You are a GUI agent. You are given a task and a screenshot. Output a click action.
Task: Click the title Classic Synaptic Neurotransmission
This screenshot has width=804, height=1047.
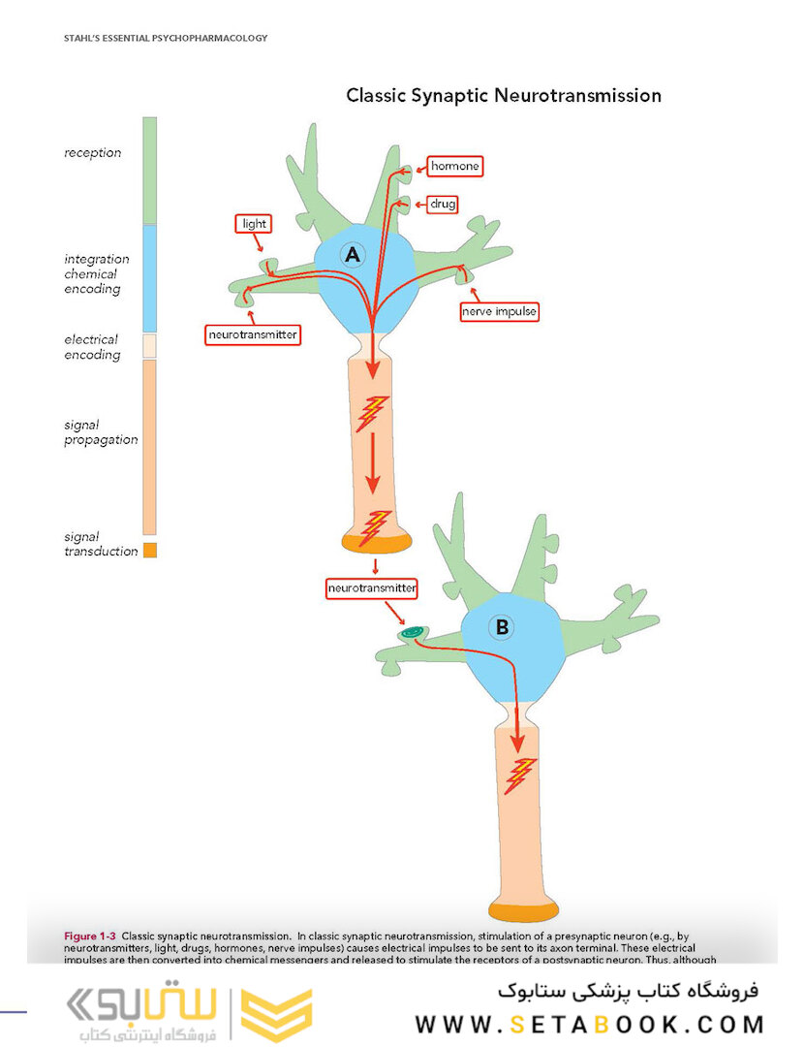tap(504, 96)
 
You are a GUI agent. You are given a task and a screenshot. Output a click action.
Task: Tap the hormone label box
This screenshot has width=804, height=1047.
tap(454, 167)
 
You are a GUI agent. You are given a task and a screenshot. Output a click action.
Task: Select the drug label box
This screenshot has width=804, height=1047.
tap(443, 205)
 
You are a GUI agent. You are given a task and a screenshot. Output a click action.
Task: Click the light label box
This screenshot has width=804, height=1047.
tap(254, 224)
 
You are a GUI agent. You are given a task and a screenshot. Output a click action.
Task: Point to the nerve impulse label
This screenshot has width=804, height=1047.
tap(500, 312)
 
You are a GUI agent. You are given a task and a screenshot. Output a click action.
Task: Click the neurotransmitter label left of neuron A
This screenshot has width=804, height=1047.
tap(253, 335)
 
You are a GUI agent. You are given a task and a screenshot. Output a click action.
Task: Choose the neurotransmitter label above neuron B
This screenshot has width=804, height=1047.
tap(372, 587)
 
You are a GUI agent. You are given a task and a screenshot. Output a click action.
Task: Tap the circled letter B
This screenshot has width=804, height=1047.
tap(502, 627)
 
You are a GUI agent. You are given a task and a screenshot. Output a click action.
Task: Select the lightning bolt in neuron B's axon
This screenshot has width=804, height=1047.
tap(521, 773)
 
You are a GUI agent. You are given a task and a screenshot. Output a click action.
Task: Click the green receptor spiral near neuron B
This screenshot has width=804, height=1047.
tap(412, 634)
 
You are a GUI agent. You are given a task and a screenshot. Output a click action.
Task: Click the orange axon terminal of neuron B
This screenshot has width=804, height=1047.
tap(524, 911)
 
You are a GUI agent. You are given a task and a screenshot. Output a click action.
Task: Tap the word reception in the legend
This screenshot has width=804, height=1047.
tap(92, 153)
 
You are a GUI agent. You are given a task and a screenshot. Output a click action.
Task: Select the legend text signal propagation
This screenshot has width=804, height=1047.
tap(101, 432)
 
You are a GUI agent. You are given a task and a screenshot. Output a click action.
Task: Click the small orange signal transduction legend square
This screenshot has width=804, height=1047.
tap(149, 551)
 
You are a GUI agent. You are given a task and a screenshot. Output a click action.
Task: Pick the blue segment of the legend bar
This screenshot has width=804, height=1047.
tap(149, 277)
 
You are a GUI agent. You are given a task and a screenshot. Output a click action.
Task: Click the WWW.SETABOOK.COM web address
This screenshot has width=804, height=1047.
tap(590, 1024)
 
